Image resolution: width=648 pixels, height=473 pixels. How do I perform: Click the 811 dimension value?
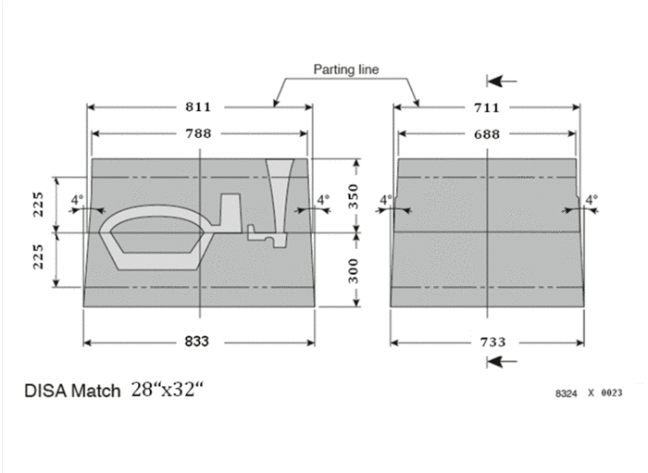tap(198, 107)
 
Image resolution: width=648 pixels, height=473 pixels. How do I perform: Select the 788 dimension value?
tap(198, 133)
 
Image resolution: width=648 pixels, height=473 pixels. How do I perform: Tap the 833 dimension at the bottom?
tap(196, 342)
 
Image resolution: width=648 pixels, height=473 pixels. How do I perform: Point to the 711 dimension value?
tap(486, 107)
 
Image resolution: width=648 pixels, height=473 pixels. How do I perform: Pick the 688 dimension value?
tap(486, 134)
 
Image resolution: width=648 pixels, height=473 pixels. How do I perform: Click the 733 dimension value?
tap(492, 342)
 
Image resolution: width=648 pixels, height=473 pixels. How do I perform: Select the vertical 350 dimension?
tap(354, 196)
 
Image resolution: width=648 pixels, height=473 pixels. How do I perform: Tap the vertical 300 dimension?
tap(354, 271)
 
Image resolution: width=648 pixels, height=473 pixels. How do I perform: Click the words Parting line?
tap(346, 69)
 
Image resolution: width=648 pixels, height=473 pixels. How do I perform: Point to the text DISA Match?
tap(72, 391)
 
